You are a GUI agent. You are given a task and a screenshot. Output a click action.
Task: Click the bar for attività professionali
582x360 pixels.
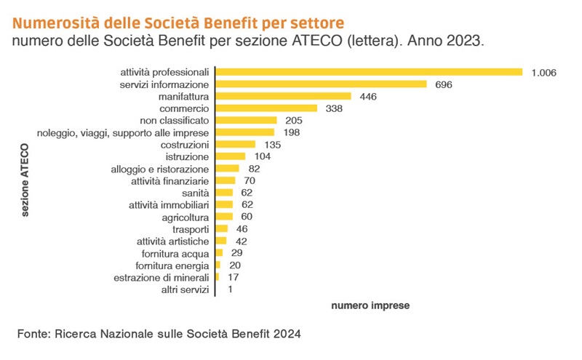point(370,72)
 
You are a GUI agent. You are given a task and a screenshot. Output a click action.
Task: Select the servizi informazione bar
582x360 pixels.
point(322,84)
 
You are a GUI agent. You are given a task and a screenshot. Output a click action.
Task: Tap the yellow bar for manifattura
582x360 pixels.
point(284,96)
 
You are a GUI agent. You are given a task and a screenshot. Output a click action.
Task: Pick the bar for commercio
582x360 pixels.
point(267,108)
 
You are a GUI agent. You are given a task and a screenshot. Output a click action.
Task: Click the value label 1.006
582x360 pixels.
point(543,72)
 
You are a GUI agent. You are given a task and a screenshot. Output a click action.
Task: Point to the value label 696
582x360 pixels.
point(444,84)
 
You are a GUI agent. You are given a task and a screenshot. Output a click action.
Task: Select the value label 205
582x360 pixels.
point(294,120)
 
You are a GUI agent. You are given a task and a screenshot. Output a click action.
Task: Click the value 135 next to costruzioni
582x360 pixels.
point(273,145)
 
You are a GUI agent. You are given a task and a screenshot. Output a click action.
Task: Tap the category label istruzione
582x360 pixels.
point(187,156)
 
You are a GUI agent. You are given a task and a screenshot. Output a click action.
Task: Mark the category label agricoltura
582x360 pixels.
point(185,217)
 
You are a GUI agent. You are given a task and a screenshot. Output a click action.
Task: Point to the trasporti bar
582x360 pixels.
point(222,229)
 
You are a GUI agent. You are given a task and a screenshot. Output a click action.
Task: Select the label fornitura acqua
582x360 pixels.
point(175,253)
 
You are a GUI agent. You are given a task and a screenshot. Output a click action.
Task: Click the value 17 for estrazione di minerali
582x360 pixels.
point(234,278)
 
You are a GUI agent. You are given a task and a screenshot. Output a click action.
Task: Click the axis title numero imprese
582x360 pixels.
point(370,306)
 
